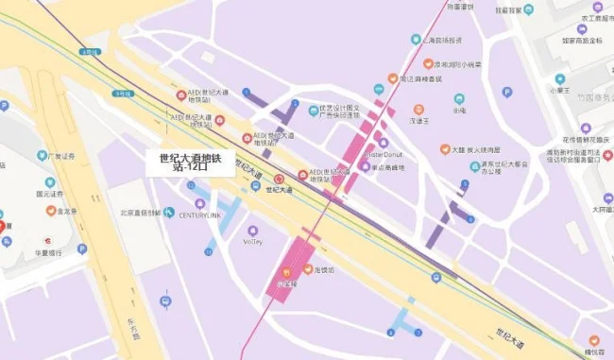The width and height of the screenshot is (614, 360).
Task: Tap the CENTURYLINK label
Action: [199, 214]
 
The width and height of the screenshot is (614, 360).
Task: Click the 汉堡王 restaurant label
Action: [419, 121]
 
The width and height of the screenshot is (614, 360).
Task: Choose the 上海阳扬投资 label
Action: [441, 40]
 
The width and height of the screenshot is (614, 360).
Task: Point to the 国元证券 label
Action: [49, 194]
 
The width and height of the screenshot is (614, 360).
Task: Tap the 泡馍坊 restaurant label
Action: [325, 270]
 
